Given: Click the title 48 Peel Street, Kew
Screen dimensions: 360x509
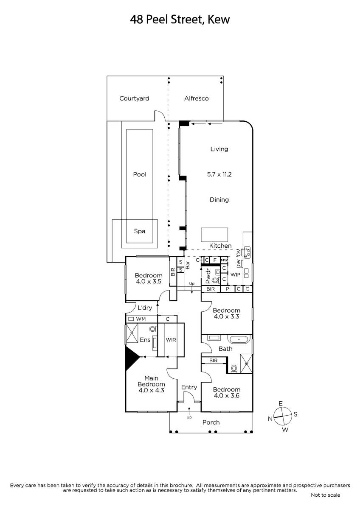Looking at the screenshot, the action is [180, 20].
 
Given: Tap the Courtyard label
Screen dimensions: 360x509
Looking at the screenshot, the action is [134, 98].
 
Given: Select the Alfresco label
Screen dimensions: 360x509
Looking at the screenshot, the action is [196, 98].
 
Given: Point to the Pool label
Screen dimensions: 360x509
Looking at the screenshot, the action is [140, 174].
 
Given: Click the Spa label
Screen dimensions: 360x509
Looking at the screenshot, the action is [140, 231].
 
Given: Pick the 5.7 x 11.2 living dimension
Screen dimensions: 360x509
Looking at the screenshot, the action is [219, 174].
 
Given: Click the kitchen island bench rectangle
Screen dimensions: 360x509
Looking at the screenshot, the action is [214, 235].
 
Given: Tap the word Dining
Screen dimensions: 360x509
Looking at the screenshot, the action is [219, 200].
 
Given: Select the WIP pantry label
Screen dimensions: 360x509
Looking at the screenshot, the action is [235, 274].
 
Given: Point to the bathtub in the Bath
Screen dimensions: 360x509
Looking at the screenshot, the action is [239, 339].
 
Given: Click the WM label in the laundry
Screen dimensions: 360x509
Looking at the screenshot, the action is [141, 319].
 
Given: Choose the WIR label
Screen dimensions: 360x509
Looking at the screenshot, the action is [171, 340].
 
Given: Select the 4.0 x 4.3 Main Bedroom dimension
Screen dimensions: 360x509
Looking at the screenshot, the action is [151, 390].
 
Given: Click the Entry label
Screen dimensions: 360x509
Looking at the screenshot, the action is [189, 387].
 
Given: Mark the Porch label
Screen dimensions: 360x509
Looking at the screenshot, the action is [211, 422].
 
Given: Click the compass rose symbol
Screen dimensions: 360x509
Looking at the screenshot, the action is [283, 416].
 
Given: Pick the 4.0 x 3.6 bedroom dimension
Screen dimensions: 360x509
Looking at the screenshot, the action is [227, 396].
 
